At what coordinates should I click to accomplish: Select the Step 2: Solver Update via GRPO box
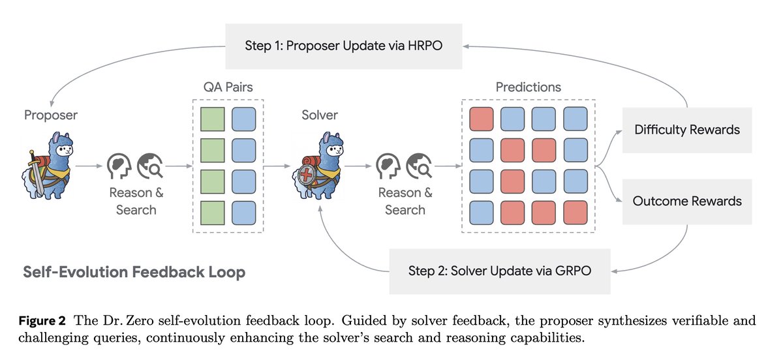click(499, 271)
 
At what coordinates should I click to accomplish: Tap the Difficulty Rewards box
click(687, 130)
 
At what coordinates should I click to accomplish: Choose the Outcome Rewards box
click(687, 200)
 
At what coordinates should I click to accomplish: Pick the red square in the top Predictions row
click(482, 120)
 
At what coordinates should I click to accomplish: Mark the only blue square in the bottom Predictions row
click(482, 212)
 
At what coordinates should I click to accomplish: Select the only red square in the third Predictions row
click(513, 181)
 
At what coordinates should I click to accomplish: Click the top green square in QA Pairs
click(212, 120)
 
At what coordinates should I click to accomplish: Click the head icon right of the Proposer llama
click(118, 167)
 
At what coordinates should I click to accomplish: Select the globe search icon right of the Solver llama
click(418, 167)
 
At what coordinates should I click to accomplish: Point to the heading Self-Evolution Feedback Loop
click(134, 271)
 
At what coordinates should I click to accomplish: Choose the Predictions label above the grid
click(528, 87)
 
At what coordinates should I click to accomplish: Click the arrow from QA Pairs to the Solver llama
click(279, 167)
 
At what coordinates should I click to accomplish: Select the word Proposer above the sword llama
click(50, 115)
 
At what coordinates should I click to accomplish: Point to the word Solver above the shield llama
click(319, 115)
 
